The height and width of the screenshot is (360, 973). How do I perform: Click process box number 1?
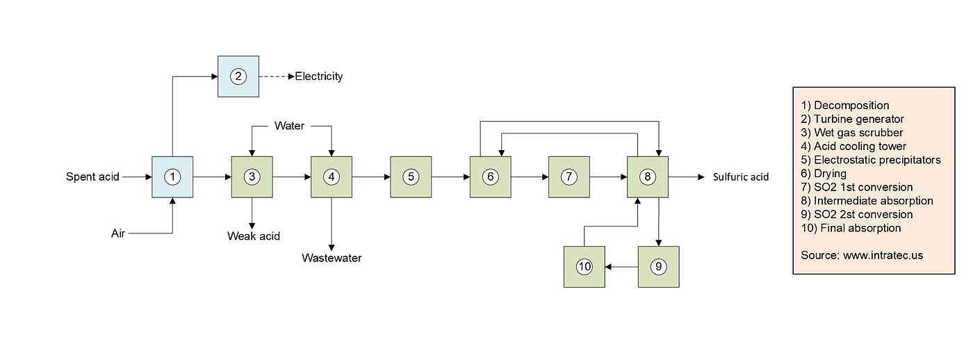172,177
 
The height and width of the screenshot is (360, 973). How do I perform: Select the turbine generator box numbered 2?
238,76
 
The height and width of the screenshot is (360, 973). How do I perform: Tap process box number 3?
252,177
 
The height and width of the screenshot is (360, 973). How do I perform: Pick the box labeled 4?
332,177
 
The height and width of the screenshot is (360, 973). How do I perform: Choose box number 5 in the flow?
411,177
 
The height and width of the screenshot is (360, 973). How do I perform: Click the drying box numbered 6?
490,177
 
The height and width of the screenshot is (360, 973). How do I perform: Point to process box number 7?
569,177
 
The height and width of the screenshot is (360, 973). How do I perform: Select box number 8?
648,177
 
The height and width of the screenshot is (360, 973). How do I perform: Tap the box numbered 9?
658,267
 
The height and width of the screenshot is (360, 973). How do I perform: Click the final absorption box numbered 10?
584,267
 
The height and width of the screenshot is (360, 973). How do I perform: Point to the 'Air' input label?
118,234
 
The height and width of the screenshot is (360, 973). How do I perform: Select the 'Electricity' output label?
319,76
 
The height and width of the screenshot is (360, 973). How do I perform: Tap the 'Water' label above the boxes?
289,126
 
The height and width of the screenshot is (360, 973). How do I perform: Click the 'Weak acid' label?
254,236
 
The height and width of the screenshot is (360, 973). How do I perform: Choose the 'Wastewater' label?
332,259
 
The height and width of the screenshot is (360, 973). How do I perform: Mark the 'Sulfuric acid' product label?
741,177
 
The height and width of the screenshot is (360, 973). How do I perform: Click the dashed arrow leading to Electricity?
276,76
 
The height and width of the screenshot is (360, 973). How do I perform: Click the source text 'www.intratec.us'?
883,255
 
